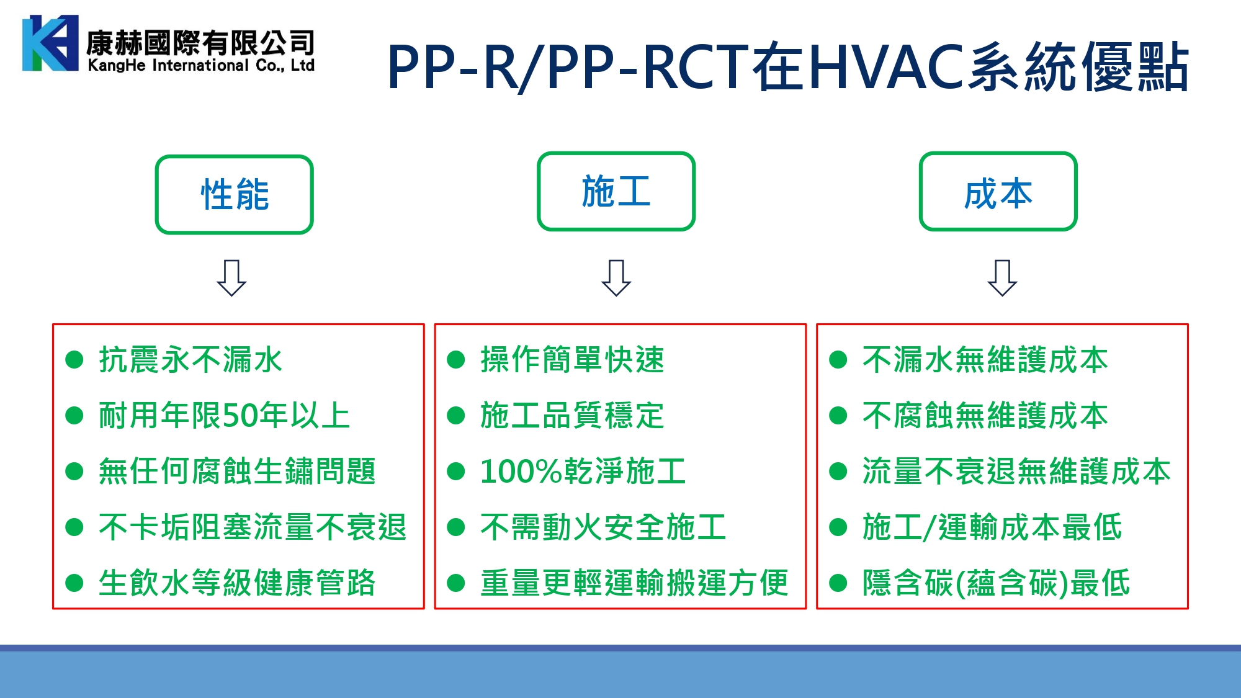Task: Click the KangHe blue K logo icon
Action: point(50,43)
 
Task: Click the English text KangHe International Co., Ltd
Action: point(201,65)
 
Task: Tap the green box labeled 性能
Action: point(235,194)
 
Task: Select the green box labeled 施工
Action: point(616,191)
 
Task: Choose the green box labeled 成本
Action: point(998,191)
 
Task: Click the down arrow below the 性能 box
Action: point(231,278)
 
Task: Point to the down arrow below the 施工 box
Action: point(616,278)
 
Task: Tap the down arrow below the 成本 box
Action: point(1002,278)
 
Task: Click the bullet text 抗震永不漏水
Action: point(190,360)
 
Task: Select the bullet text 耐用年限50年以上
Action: point(225,416)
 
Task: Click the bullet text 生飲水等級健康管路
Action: point(237,583)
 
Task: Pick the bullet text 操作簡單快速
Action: point(572,360)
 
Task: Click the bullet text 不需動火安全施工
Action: point(603,527)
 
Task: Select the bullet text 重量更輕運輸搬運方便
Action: point(634,583)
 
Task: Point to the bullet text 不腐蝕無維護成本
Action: point(985,416)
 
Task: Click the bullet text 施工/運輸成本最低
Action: point(992,527)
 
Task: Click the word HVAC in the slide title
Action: point(887,66)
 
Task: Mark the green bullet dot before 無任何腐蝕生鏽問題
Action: point(74,472)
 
